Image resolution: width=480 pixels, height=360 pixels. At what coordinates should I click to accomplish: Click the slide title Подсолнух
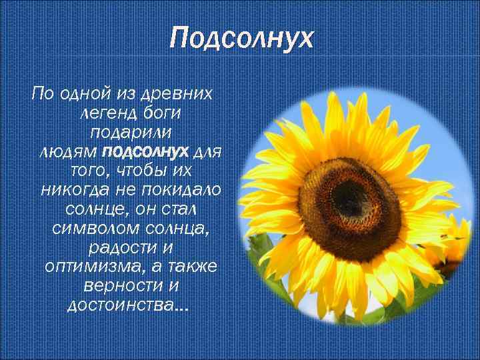point(240,39)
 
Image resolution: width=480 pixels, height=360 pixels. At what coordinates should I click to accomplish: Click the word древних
point(183,93)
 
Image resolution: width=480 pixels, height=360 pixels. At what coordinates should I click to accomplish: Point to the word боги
point(161,113)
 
